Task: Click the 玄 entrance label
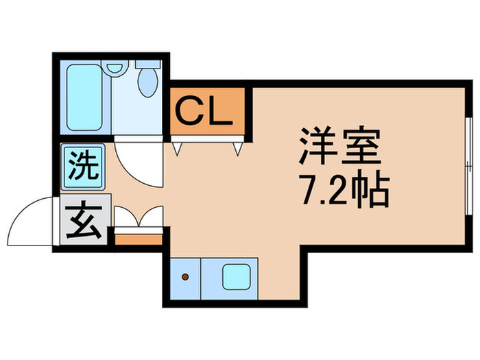click(x=82, y=221)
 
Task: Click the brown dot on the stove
click(x=184, y=278)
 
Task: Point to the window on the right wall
click(x=468, y=165)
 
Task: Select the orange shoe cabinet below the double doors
click(x=137, y=239)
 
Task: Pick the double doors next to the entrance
click(x=138, y=218)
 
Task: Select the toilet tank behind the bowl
click(x=145, y=64)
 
